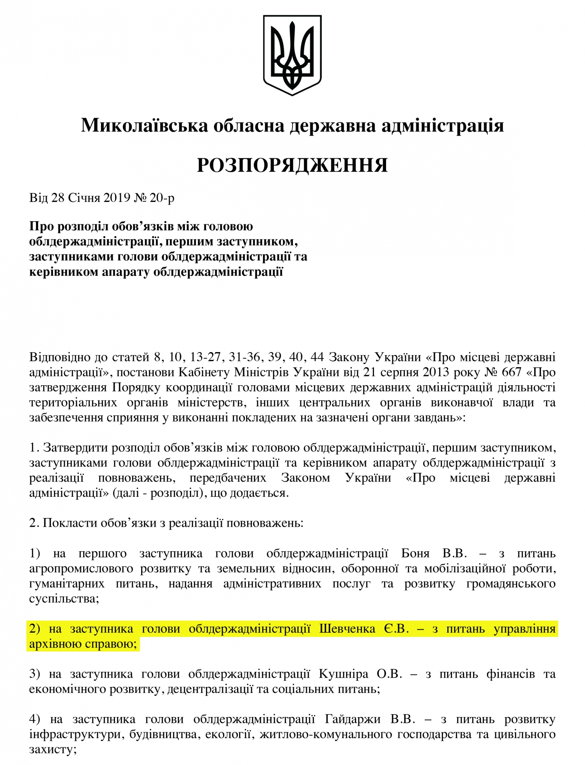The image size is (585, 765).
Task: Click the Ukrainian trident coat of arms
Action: (292, 55)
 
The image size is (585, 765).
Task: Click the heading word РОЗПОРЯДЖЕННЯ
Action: (292, 165)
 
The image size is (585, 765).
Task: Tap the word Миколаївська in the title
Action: (144, 126)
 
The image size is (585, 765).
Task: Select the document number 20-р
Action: (162, 198)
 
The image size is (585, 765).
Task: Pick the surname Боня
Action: (415, 553)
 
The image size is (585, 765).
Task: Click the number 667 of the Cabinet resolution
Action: (511, 372)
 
